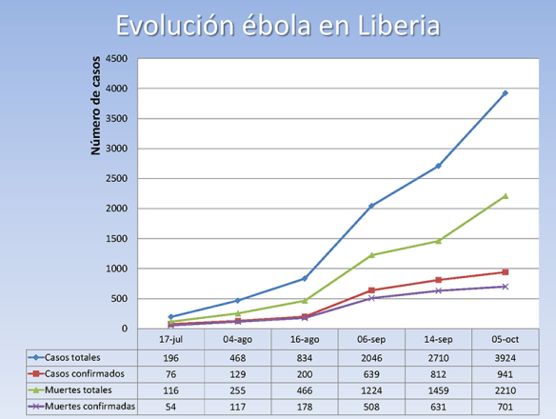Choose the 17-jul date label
(x=171, y=338)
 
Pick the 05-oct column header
(x=505, y=338)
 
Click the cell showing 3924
(x=505, y=355)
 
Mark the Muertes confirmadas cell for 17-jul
(x=171, y=407)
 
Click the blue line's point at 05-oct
(x=505, y=93)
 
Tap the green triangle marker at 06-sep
(x=371, y=255)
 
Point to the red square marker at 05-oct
(x=505, y=272)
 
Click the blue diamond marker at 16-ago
(x=305, y=278)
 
